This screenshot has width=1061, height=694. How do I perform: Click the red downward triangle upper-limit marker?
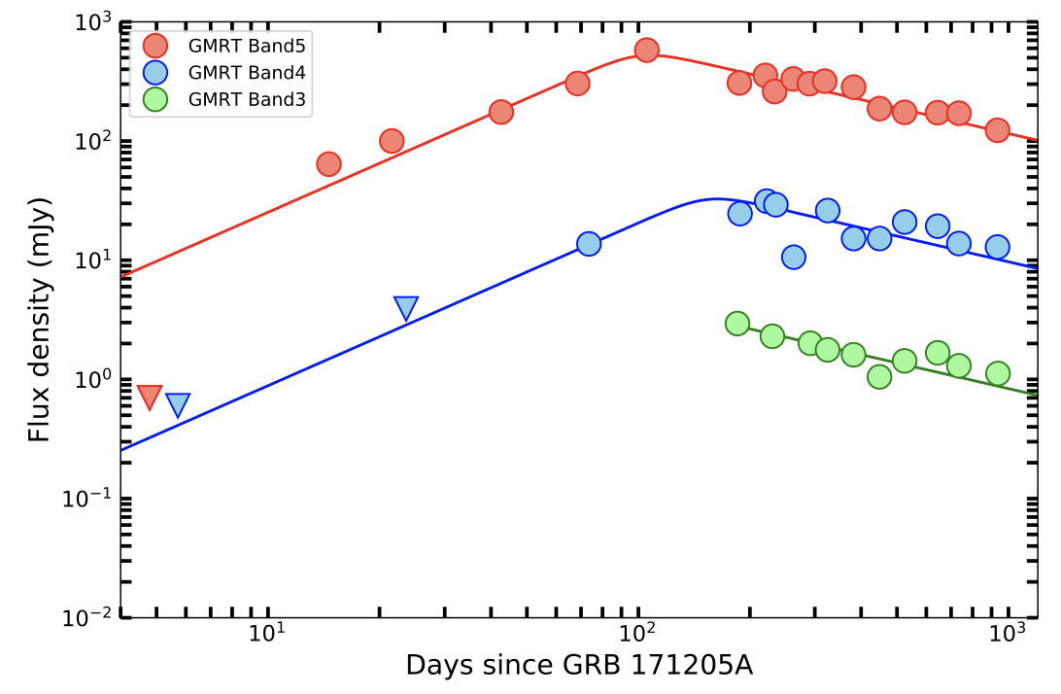point(150,397)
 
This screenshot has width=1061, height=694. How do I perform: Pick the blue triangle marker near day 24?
point(406,309)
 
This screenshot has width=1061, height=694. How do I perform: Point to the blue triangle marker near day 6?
point(178,405)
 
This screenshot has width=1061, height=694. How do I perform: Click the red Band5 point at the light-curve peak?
point(647,50)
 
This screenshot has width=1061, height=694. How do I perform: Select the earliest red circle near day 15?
point(328,164)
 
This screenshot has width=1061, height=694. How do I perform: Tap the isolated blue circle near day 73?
point(589,244)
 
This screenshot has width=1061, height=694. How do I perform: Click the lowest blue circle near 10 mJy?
point(794,257)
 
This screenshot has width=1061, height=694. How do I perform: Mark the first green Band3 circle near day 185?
point(737,324)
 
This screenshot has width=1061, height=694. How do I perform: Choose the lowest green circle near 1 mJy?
point(879,377)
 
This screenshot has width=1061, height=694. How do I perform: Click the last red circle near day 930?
point(997,130)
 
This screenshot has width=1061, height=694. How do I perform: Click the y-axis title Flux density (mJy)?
point(39,321)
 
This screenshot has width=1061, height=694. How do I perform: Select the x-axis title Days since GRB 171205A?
point(579,666)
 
